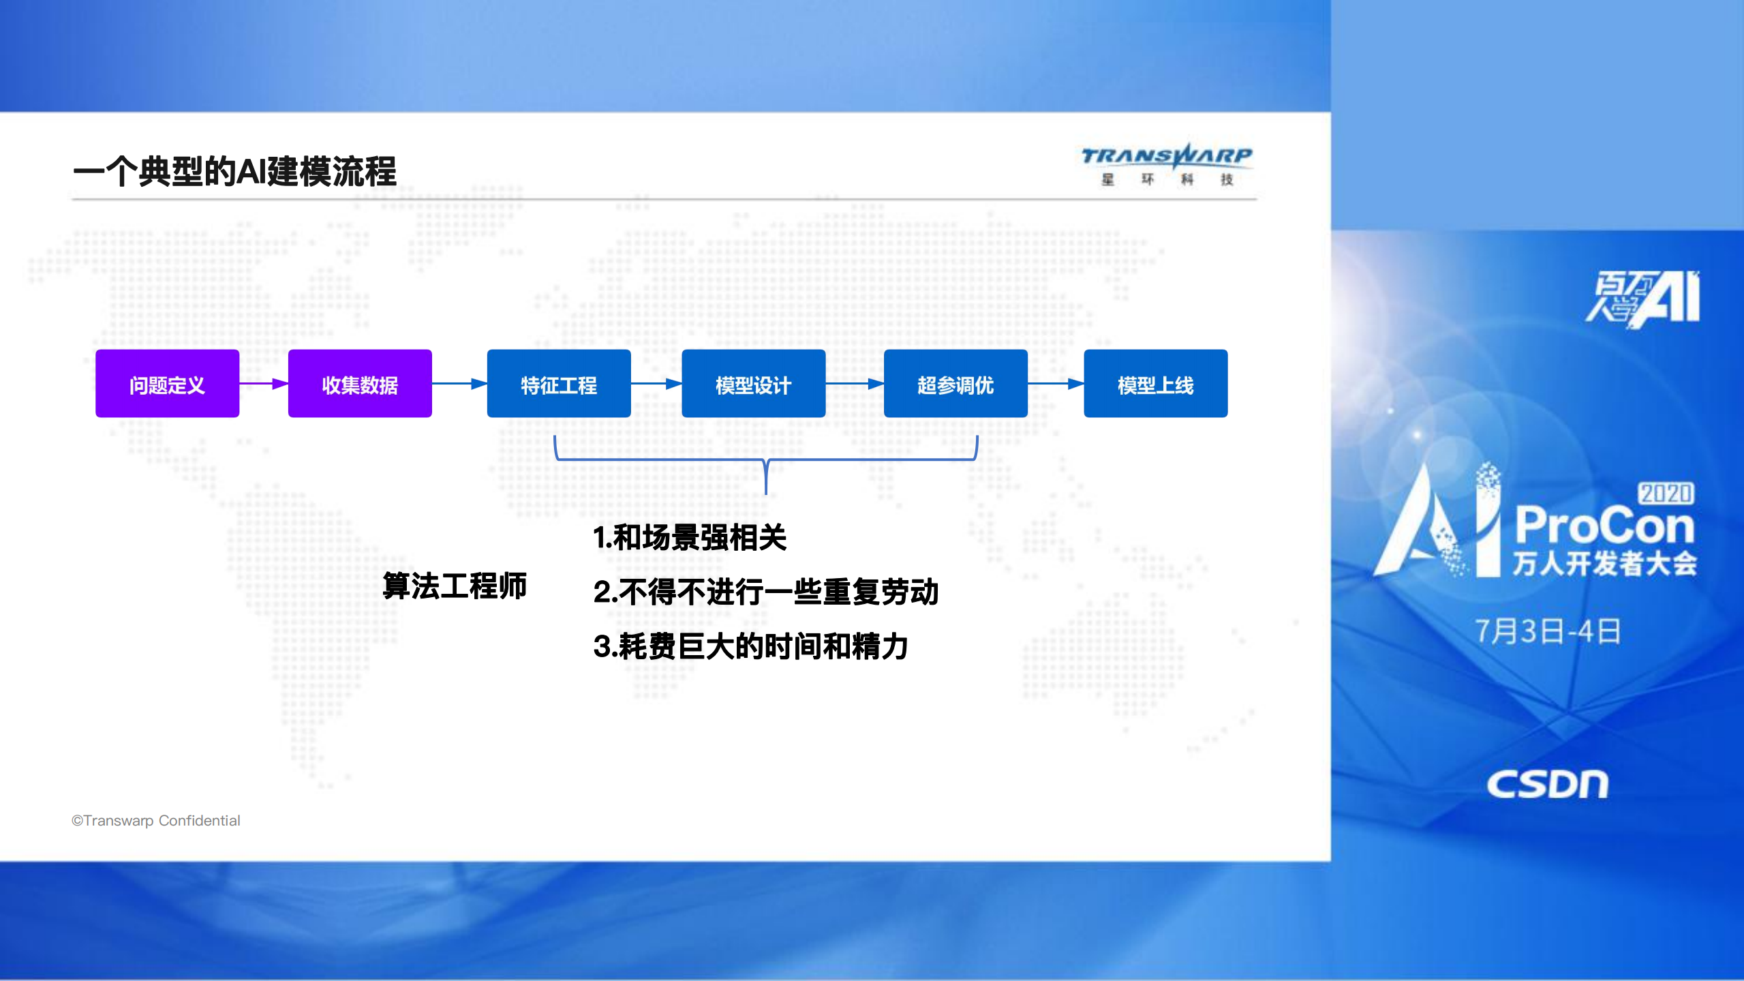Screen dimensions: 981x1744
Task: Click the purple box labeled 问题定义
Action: (167, 384)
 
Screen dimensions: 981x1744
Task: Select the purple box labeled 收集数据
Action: (360, 384)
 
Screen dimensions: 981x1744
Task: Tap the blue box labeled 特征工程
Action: (559, 384)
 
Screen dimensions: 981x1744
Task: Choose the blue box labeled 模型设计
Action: (753, 384)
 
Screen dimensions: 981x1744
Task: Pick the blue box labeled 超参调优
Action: (955, 384)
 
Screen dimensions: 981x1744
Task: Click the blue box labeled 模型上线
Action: (1155, 384)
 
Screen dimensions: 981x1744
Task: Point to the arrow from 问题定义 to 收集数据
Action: (263, 384)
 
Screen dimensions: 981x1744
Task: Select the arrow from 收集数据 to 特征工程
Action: (459, 384)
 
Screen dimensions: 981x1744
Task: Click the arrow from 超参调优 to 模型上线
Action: (1056, 384)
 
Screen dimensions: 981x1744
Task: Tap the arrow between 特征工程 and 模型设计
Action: (656, 384)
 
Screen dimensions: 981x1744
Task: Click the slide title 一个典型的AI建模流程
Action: (234, 171)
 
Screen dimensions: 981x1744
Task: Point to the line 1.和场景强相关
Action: (690, 537)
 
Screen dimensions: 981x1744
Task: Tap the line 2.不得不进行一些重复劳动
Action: (766, 592)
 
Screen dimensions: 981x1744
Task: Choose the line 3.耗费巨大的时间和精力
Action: (750, 646)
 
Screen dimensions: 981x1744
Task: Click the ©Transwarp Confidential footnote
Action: (156, 821)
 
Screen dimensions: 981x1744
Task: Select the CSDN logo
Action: (1547, 785)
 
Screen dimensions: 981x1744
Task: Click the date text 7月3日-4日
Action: (1548, 631)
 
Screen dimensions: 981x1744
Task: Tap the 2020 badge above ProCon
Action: (1666, 493)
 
